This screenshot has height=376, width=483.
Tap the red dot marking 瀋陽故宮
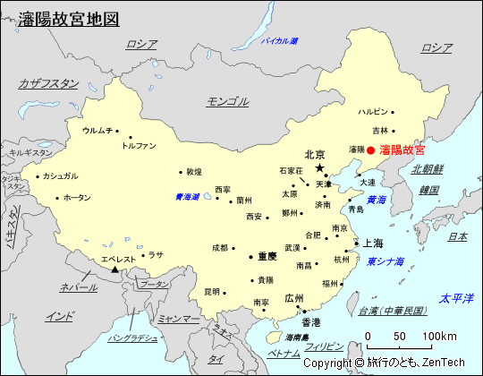pyautogui.click(x=372, y=150)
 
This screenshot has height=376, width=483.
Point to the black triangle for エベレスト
pyautogui.click(x=115, y=269)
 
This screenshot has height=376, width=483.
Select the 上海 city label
pyautogui.click(x=373, y=244)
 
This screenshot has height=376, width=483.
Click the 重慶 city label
pyautogui.click(x=267, y=256)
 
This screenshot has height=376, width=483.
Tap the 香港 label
pyautogui.click(x=310, y=321)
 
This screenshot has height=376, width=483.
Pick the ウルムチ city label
pyautogui.click(x=97, y=130)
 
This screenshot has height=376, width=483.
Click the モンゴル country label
pyautogui.click(x=227, y=101)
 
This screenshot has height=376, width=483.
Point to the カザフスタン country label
pyautogui.click(x=48, y=83)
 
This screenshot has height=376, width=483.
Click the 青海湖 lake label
pyautogui.click(x=187, y=196)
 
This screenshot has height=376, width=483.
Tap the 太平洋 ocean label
pyautogui.click(x=454, y=297)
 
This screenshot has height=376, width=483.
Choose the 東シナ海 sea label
pyautogui.click(x=386, y=261)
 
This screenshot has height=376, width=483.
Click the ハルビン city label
pyautogui.click(x=373, y=112)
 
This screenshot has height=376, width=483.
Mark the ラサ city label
pyautogui.click(x=156, y=254)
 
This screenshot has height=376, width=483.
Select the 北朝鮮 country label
pyautogui.click(x=428, y=168)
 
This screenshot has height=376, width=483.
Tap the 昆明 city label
pyautogui.click(x=211, y=291)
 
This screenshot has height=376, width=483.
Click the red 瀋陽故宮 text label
pyautogui.click(x=402, y=150)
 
